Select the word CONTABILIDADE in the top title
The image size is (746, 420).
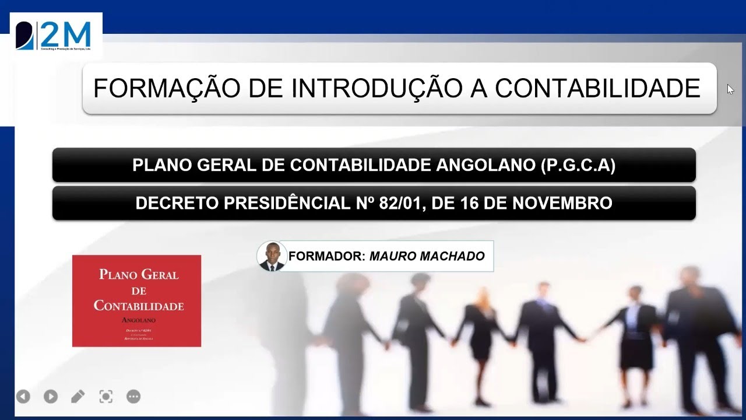(597, 89)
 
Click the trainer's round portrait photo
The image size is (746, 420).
(272, 256)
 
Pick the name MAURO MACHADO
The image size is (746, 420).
(427, 256)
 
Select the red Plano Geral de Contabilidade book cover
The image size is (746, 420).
(136, 301)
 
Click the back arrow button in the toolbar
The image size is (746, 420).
(23, 397)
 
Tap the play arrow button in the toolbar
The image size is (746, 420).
(51, 397)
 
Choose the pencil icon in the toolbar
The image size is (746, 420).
(78, 397)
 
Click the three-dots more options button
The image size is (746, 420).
(133, 397)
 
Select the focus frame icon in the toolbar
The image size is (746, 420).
(105, 397)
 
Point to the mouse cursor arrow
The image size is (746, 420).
(730, 89)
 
